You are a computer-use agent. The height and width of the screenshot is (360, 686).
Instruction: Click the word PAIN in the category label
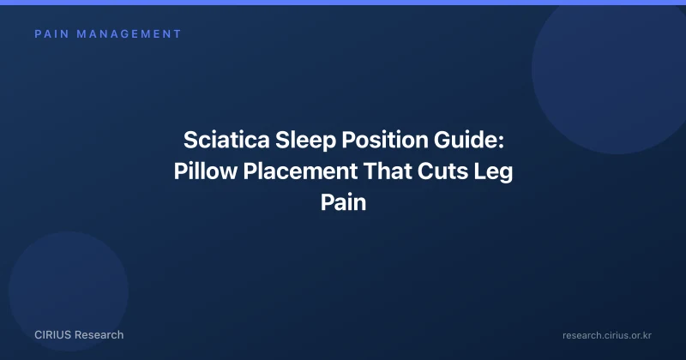[52, 34]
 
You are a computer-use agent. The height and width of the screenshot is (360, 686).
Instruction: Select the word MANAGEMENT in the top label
[129, 34]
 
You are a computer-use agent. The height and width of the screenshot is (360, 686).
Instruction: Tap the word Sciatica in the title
[226, 140]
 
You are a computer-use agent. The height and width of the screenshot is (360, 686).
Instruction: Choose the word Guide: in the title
[469, 140]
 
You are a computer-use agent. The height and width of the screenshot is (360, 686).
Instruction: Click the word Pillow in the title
[206, 171]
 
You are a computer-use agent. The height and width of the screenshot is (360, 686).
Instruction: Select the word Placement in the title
[301, 171]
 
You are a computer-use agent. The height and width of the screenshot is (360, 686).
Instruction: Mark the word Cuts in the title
[442, 171]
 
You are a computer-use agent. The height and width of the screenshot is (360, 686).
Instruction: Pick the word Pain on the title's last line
[344, 202]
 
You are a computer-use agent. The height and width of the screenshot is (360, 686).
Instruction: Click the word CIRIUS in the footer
[52, 335]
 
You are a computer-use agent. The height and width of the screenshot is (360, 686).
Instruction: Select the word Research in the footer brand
[99, 335]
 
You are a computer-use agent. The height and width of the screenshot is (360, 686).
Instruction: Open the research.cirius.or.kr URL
[607, 335]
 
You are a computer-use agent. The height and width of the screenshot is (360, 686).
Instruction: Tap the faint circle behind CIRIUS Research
[69, 291]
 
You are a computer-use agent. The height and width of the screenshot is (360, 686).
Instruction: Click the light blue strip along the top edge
[343, 3]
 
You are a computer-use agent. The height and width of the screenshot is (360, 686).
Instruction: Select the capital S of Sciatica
[190, 140]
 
